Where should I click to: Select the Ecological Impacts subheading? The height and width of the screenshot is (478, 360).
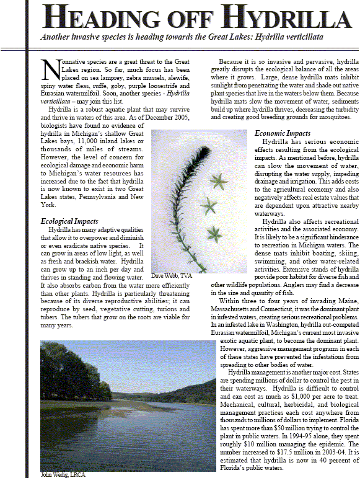point(69,221)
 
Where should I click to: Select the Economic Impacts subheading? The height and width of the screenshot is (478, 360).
point(282,133)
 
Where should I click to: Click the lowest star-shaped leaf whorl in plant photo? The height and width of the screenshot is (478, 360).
point(214,234)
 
